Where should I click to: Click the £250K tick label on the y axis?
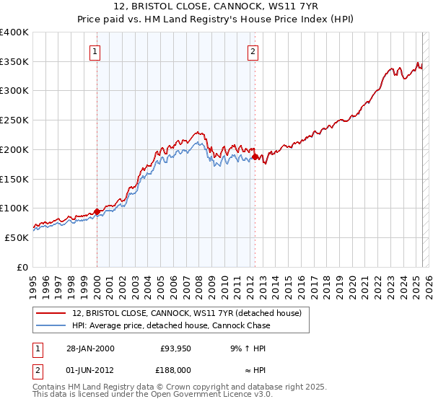14,120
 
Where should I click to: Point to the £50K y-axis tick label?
17,237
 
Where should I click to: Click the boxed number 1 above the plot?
96,51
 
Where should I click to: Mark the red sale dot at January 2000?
97,211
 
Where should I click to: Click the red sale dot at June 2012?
255,157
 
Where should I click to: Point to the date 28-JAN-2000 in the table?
89,348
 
